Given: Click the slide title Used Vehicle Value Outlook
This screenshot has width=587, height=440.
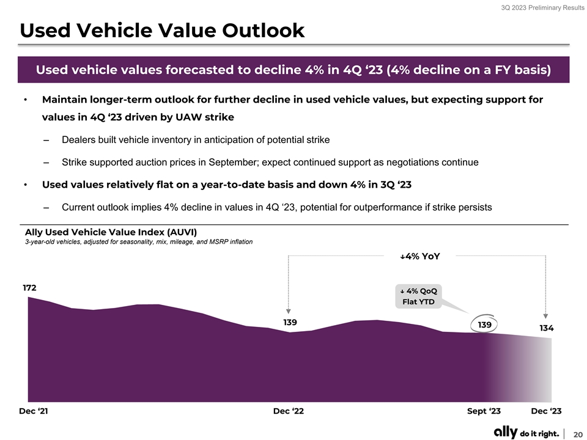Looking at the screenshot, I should point(162,31).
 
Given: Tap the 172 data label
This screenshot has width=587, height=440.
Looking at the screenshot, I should point(29,287).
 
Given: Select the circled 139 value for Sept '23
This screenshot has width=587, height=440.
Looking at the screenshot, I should point(484,325).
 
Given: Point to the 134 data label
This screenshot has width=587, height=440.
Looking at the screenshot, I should point(546,328).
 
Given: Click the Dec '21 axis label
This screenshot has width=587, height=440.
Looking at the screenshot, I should point(34,411).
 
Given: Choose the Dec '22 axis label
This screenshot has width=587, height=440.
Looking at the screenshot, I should point(288,411).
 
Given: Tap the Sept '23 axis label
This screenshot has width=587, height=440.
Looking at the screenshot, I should point(484,411).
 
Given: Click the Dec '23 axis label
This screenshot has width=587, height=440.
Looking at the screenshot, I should point(546,411).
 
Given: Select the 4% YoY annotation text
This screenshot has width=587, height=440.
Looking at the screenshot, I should point(419,257).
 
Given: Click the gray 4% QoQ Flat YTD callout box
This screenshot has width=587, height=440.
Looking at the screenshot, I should point(418,296).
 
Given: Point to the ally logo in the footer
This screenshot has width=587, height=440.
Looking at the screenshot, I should point(506,432).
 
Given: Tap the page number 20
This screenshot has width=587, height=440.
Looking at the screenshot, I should point(577,433).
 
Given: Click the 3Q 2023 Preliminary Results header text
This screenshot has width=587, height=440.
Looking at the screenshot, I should point(539,8).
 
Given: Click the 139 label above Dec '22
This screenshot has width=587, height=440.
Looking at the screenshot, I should point(290,322).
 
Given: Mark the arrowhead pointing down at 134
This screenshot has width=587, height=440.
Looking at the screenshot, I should point(545,316).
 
